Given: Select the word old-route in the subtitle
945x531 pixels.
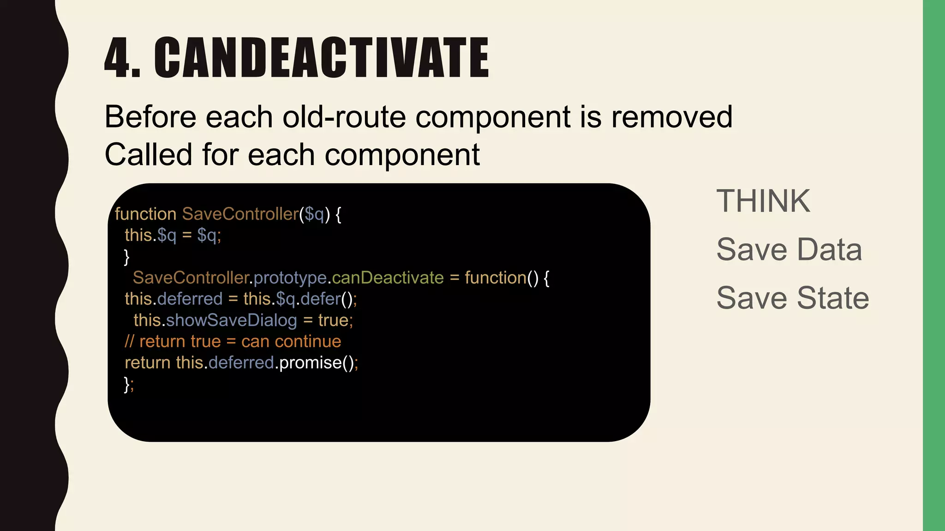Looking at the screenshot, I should [344, 117].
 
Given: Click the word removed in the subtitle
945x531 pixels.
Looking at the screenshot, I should [672, 117].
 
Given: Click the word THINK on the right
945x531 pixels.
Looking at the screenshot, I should [763, 201].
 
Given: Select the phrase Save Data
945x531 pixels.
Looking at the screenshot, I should [789, 250].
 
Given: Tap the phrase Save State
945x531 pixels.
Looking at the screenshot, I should [793, 298].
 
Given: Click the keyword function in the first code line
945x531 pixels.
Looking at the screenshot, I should [145, 214].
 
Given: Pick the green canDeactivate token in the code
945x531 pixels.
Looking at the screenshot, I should [388, 278].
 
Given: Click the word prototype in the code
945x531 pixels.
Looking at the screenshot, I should [290, 278].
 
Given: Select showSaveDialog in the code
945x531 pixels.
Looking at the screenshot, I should [232, 320].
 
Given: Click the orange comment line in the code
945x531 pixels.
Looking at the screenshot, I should [233, 342].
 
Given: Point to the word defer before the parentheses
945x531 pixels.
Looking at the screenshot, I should [320, 299].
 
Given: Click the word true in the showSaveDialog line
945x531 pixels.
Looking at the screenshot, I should [333, 320].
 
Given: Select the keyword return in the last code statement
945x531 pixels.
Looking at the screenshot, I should [148, 363].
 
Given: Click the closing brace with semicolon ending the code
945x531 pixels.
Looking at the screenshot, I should [129, 384].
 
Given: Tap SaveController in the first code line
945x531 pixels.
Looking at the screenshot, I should [240, 214].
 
